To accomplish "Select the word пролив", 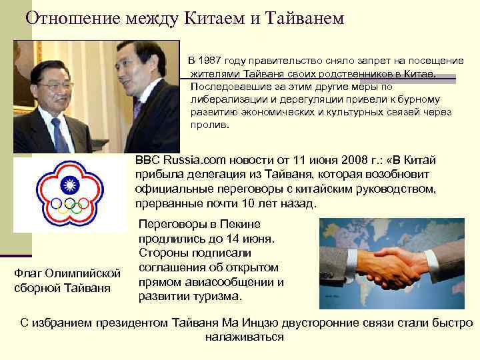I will (x=209, y=125).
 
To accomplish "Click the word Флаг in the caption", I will (x=27, y=274).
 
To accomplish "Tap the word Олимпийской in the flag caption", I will (x=81, y=274).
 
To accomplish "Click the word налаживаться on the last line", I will (x=244, y=337).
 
